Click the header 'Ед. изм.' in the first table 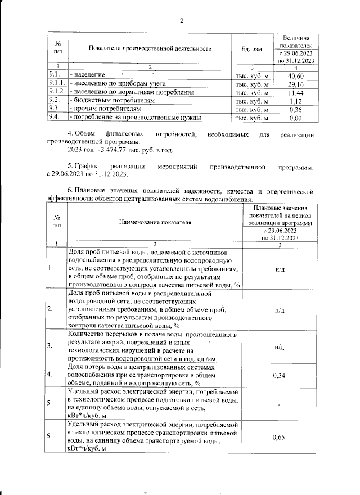click(253, 49)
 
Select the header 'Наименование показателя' click(155, 222)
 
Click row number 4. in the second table click(50, 374)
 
